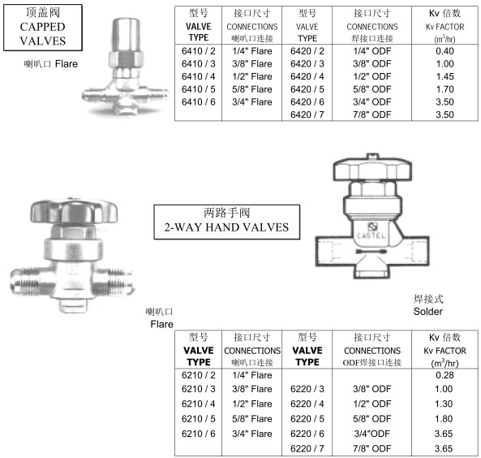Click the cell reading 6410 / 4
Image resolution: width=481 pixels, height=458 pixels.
198,76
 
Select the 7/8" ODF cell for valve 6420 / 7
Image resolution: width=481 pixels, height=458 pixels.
371,114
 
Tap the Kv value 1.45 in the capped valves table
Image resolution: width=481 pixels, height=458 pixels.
444,76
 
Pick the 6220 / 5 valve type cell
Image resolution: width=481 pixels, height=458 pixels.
307,419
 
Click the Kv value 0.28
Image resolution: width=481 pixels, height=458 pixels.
444,375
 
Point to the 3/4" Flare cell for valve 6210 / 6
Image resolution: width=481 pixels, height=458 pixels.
251,434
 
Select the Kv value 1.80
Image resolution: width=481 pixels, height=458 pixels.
444,419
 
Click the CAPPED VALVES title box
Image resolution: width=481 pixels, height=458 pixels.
43,28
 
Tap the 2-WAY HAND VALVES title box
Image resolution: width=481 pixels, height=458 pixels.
226,222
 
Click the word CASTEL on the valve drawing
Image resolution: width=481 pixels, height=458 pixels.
371,236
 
